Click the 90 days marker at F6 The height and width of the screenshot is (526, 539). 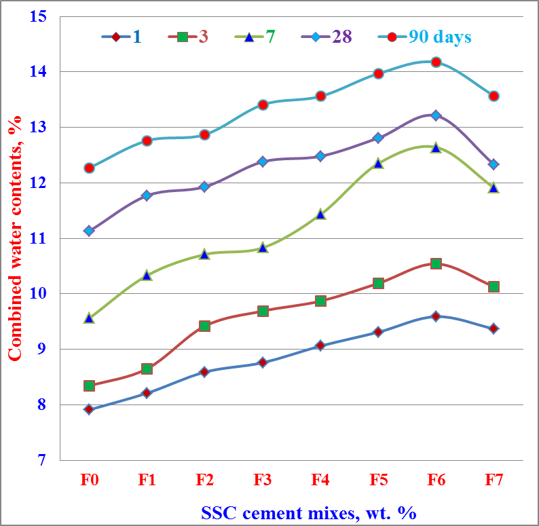pos(436,62)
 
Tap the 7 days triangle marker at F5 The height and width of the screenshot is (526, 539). pos(378,163)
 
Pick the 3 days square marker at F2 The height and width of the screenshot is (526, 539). pos(205,326)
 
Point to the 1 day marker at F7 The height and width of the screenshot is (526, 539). pos(494,328)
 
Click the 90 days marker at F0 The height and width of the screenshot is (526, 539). pos(90,168)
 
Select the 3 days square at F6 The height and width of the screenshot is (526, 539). pos(436,263)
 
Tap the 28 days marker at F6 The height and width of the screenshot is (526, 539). pos(436,115)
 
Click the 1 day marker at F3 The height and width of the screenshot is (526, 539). pos(263,362)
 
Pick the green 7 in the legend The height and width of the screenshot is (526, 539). pos(270,37)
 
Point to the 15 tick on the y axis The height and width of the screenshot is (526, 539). pos(38,16)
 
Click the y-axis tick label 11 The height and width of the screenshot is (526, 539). pos(38,238)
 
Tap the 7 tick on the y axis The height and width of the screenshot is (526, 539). pos(41,460)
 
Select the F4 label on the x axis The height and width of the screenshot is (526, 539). pos(320,481)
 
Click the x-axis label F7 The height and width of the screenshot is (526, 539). pos(494,481)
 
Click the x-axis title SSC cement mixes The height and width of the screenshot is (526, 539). pos(308,512)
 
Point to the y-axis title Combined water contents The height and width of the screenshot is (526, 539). pos(15,238)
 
